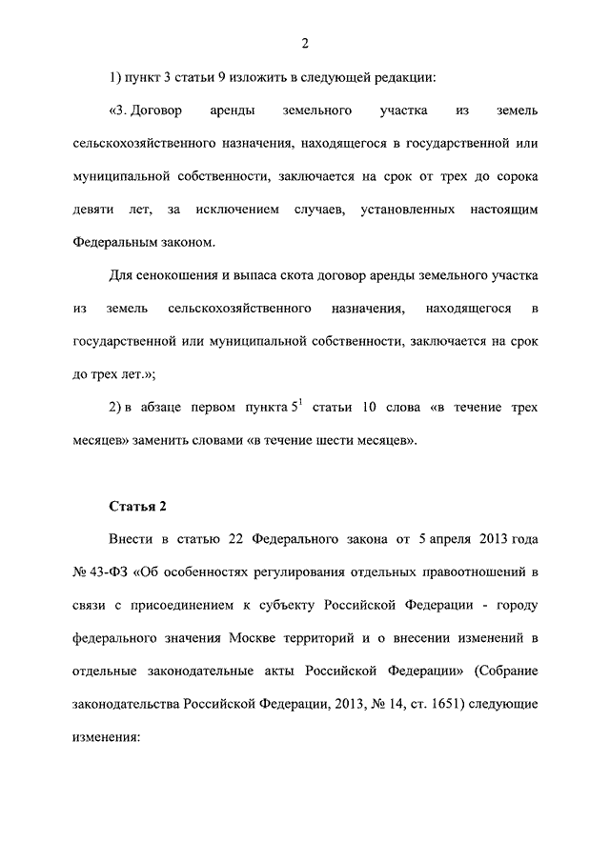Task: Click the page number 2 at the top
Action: [305, 42]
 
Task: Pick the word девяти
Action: [94, 208]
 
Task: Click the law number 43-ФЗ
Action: [102, 571]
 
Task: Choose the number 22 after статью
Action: [236, 538]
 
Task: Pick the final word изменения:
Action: [106, 737]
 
